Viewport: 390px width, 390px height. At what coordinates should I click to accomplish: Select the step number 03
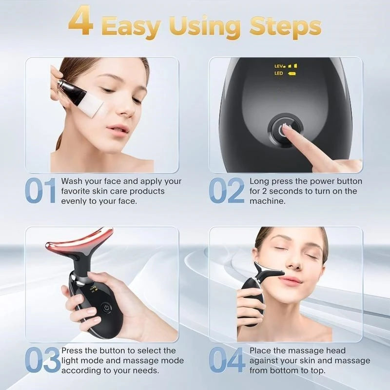pyautogui.click(x=42, y=361)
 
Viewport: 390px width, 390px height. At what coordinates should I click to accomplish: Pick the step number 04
pyautogui.click(x=227, y=361)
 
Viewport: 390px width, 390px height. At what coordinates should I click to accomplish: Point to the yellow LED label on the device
pyautogui.click(x=279, y=74)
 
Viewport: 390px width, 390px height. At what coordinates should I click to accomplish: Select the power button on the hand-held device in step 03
pyautogui.click(x=105, y=308)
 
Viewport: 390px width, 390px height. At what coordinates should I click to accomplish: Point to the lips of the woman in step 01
pyautogui.click(x=118, y=129)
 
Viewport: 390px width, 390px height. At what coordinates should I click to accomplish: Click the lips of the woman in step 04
pyautogui.click(x=291, y=281)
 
